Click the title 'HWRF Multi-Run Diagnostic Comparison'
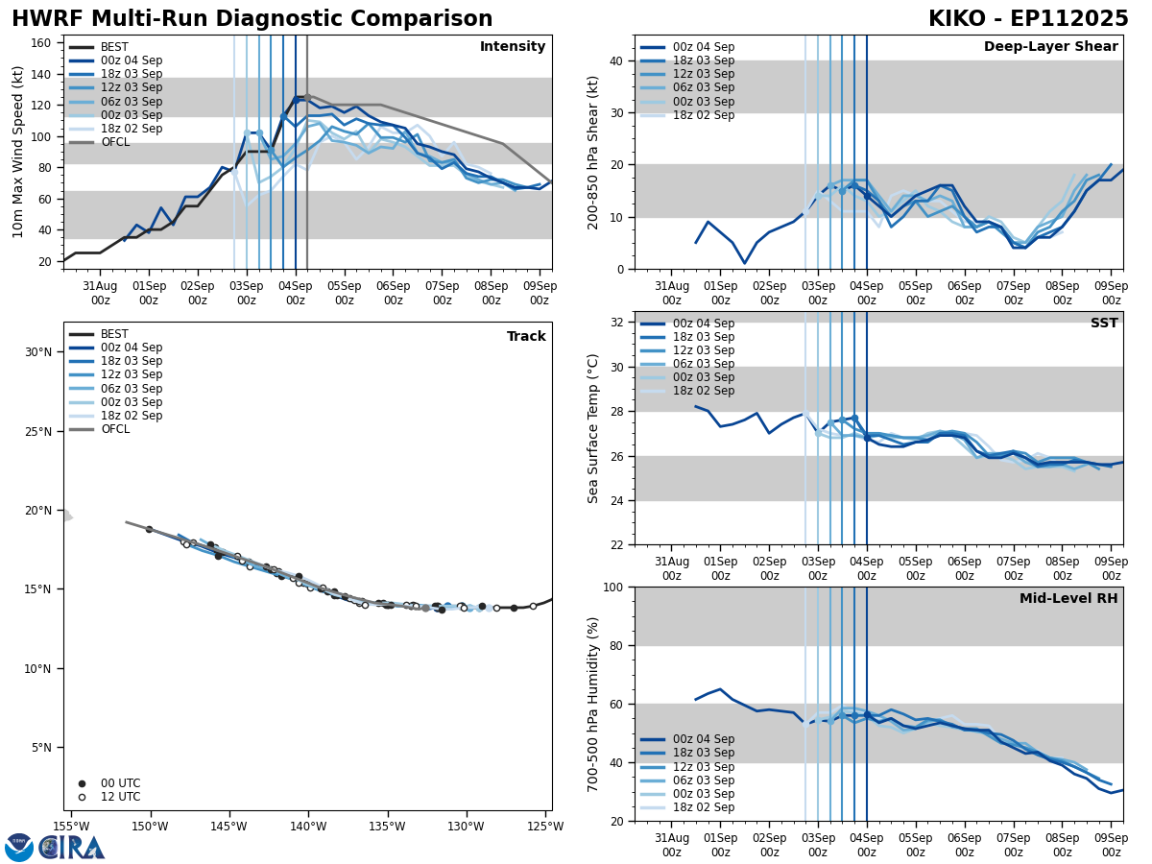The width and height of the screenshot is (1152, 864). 252,19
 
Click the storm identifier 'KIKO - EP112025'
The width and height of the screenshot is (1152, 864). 1028,19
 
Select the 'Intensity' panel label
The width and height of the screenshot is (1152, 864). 513,47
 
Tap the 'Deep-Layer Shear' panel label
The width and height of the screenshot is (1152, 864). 1050,47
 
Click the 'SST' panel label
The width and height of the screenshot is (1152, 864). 1104,324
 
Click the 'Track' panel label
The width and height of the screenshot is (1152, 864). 526,337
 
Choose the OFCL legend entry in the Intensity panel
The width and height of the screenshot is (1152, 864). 115,142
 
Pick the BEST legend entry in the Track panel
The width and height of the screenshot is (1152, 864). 114,334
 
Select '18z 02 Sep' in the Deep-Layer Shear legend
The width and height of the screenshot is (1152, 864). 702,115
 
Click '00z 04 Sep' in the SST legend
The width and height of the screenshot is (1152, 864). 702,324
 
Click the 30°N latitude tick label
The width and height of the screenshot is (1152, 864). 38,352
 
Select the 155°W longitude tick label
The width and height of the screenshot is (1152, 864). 71,827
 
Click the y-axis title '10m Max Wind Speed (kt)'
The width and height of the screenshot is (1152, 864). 18,152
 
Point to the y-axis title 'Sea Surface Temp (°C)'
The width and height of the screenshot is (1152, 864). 593,428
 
